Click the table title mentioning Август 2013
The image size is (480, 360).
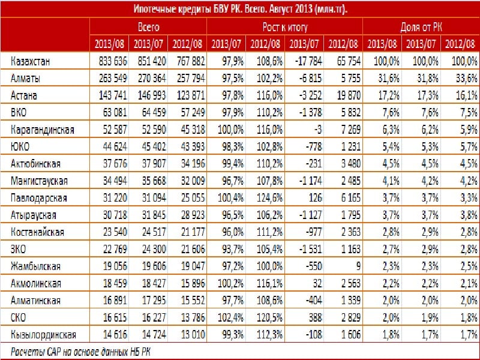pyautogui.click(x=241, y=9)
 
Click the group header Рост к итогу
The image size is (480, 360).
pyautogui.click(x=285, y=27)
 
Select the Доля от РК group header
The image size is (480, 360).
pyautogui.click(x=421, y=27)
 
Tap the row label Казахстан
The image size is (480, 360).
pyautogui.click(x=30, y=61)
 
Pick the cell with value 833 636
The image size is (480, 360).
pyautogui.click(x=113, y=61)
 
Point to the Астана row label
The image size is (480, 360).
pyautogui.click(x=23, y=95)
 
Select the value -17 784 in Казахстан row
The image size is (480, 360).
pyautogui.click(x=308, y=61)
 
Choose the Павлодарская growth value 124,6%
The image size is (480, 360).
pyautogui.click(x=269, y=198)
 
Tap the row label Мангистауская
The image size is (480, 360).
pyautogui.click(x=39, y=181)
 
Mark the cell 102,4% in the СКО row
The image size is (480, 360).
pyautogui.click(x=231, y=317)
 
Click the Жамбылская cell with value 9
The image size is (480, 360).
pyautogui.click(x=358, y=266)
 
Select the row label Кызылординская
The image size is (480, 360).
pyautogui.click(x=43, y=335)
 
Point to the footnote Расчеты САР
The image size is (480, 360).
pyautogui.click(x=80, y=352)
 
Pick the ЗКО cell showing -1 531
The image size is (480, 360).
pyautogui.click(x=311, y=249)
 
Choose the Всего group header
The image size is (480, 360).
pyautogui.click(x=148, y=27)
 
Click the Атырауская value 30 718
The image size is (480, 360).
pyautogui.click(x=115, y=215)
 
